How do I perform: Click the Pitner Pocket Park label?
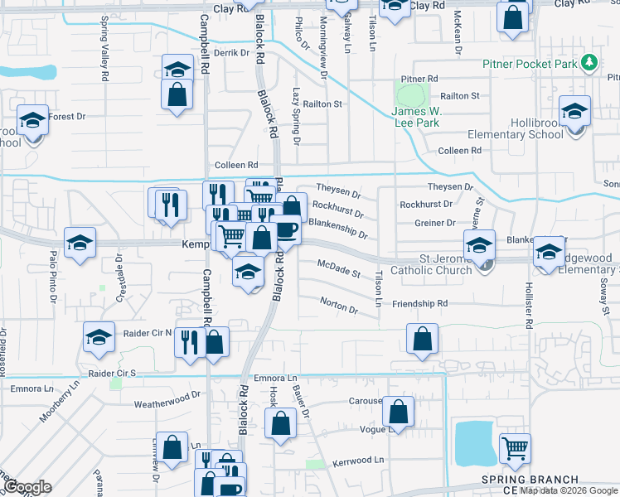[530, 64]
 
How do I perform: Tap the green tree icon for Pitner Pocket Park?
[589, 62]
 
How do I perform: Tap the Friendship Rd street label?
[419, 304]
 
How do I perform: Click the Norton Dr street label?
[338, 306]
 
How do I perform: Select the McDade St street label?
[339, 268]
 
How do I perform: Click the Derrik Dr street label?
[231, 52]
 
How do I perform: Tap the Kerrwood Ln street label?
[359, 460]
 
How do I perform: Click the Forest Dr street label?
[67, 117]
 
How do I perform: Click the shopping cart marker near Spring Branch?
[516, 448]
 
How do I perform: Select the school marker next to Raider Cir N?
[99, 336]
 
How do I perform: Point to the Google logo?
[28, 487]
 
